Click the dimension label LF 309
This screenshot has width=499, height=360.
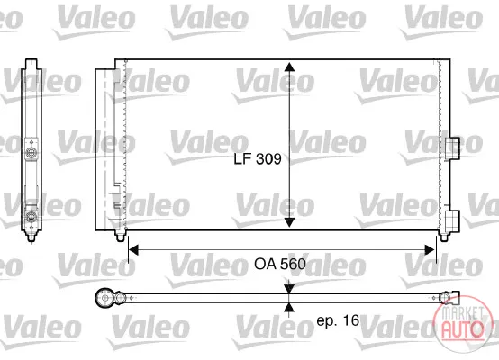tap(258, 158)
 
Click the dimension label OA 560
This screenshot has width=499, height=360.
tap(280, 264)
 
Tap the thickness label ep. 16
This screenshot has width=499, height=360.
tap(338, 320)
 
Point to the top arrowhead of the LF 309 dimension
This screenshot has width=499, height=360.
tap(289, 67)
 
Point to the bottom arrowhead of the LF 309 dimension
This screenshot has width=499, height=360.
tap(289, 222)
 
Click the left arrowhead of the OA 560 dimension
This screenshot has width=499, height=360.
tap(133, 250)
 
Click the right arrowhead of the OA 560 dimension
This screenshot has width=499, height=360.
tap(430, 250)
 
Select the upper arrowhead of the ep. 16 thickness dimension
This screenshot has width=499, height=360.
tap(289, 289)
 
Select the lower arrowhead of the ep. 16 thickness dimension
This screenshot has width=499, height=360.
tap(289, 307)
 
